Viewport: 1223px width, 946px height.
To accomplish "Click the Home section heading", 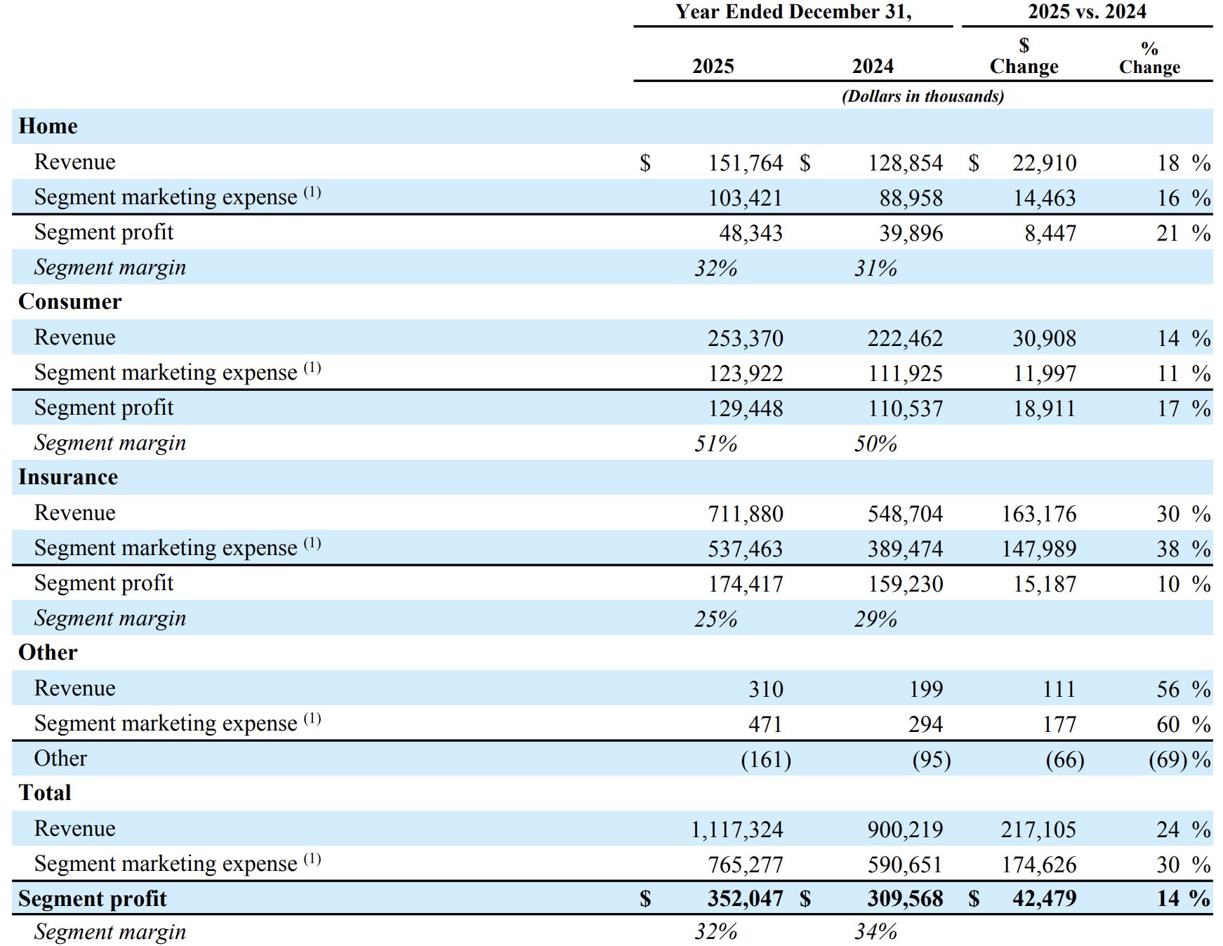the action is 48,126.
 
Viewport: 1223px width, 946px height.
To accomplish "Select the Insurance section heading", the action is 68,477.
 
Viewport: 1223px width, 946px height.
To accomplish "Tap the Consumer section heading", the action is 70,302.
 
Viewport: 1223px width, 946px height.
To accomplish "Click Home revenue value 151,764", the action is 745,163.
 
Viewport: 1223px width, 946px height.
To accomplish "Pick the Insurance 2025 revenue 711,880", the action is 745,514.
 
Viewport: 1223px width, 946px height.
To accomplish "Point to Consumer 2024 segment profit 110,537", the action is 905,408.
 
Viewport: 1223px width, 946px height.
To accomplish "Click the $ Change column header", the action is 1024,56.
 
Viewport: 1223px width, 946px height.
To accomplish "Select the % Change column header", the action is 1149,58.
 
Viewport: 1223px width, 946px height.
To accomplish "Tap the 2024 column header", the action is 873,66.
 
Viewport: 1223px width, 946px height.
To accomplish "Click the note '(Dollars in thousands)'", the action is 923,96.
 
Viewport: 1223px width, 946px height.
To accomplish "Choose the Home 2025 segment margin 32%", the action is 715,268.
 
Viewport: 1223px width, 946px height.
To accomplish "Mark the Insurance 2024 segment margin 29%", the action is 875,619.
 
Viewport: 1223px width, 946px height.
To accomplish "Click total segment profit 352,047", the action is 745,898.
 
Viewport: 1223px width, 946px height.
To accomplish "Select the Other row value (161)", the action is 766,759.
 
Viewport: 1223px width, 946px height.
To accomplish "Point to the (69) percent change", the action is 1168,759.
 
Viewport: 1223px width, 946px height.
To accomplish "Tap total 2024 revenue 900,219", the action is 905,830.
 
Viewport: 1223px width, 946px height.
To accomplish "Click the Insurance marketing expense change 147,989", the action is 1038,549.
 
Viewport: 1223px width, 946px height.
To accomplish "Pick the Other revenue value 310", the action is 765,689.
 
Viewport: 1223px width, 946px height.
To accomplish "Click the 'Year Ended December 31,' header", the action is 793,12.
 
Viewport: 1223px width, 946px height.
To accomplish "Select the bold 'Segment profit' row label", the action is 92,898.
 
